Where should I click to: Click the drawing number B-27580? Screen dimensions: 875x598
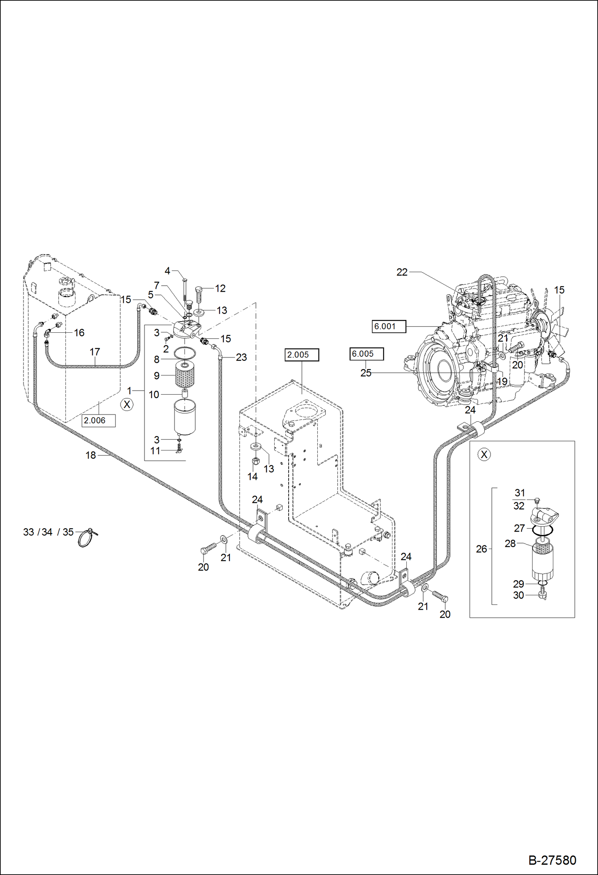(x=552, y=860)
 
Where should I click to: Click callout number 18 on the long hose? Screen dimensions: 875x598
(x=91, y=455)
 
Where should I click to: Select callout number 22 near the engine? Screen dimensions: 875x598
(x=402, y=272)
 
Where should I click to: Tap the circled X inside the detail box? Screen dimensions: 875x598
(x=484, y=454)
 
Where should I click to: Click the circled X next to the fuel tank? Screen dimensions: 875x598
(x=127, y=405)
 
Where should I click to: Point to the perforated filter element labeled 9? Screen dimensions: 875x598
(x=185, y=375)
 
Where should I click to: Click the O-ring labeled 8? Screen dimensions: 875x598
(x=185, y=353)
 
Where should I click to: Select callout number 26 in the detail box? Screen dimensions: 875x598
(x=481, y=549)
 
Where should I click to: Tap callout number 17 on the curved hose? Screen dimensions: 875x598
(x=95, y=352)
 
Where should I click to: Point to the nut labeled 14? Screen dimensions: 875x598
(x=256, y=461)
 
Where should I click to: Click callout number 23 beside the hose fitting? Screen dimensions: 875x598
(x=241, y=358)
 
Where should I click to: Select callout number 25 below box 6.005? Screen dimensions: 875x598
(x=366, y=373)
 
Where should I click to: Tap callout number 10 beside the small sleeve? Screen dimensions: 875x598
(x=154, y=395)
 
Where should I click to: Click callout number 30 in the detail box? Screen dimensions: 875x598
(x=518, y=595)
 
